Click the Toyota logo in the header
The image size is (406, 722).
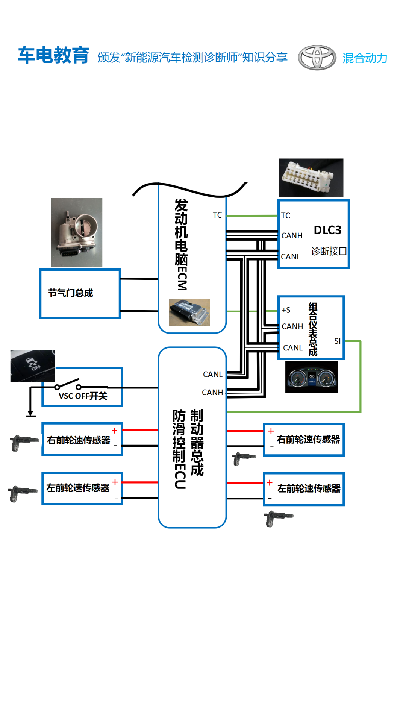click(317, 58)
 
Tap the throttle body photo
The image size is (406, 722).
click(76, 232)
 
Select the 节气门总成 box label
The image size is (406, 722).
click(70, 293)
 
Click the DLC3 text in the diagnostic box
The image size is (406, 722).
click(327, 230)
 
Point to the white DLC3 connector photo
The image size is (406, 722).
click(311, 177)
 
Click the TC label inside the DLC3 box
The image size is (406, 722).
click(286, 215)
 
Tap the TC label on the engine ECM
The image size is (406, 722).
click(217, 215)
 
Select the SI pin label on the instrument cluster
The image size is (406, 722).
click(337, 341)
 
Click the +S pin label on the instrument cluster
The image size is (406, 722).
click(286, 310)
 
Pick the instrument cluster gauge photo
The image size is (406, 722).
click(312, 377)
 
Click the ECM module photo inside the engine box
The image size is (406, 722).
click(189, 312)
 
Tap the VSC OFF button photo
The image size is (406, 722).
click(33, 366)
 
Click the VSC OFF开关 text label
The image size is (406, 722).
click(83, 396)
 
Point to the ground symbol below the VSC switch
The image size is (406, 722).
click(31, 414)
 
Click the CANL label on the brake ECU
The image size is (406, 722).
click(213, 374)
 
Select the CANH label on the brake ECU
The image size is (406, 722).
click(212, 392)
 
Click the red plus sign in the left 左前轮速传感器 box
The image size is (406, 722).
click(115, 482)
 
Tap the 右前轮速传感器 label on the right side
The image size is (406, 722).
click(308, 439)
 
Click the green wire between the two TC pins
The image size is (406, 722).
click(252, 216)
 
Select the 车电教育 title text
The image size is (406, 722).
click(53, 55)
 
